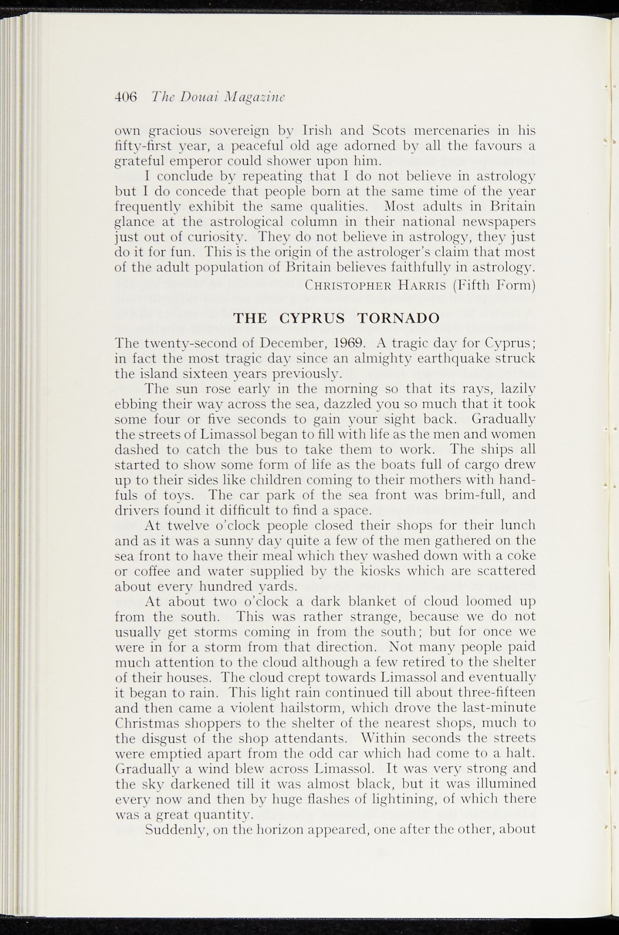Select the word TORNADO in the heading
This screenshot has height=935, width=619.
pos(399,318)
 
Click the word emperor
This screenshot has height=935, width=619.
pos(198,161)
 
